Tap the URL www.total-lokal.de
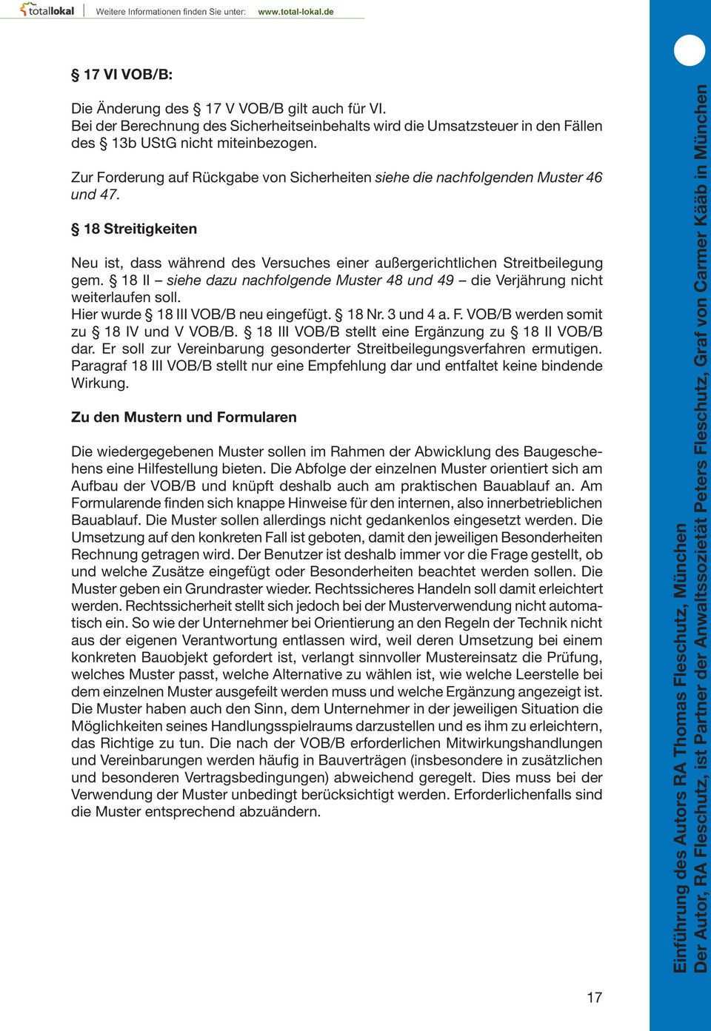click(x=295, y=12)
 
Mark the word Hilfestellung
click(x=201, y=469)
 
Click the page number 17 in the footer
click(x=594, y=998)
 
